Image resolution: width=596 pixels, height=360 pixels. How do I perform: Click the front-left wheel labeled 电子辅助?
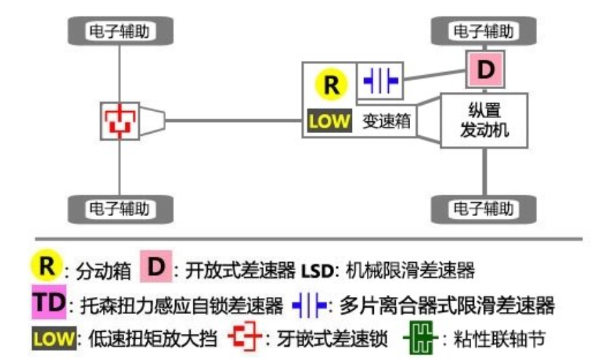coord(120,31)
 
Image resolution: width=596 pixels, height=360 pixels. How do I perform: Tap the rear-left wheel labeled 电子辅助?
coord(120,206)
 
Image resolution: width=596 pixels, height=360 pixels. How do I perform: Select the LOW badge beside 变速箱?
coord(330,121)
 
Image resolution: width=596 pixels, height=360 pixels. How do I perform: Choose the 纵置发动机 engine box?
coord(484,119)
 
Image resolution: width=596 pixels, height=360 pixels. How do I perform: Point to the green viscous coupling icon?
coord(420,338)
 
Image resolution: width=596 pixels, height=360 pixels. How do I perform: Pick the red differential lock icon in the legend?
coord(244,337)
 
